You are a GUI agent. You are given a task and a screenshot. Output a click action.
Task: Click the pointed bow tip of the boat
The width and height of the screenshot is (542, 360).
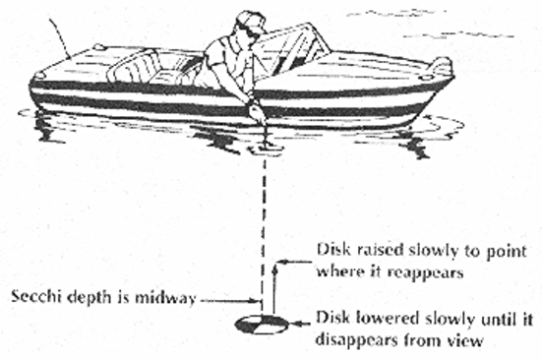(x=448, y=69)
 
